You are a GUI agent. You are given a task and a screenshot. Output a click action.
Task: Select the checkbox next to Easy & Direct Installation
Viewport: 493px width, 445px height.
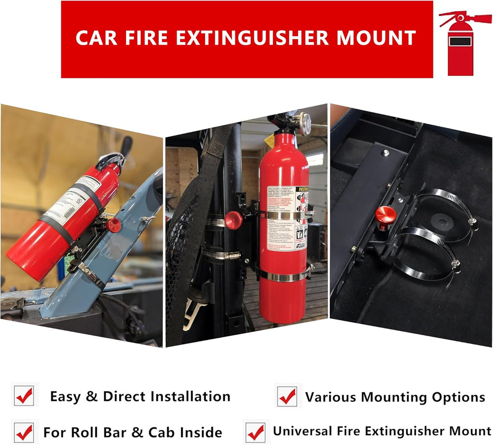point(24,396)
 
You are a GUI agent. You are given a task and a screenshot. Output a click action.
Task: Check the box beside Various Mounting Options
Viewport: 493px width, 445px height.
point(287,396)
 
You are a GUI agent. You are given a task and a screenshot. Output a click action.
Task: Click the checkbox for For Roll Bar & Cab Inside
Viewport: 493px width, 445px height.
point(24,432)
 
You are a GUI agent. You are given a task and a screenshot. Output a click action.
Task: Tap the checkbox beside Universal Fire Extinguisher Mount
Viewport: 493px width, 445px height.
point(255,432)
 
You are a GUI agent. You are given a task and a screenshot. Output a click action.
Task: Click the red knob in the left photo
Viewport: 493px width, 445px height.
point(114,225)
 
